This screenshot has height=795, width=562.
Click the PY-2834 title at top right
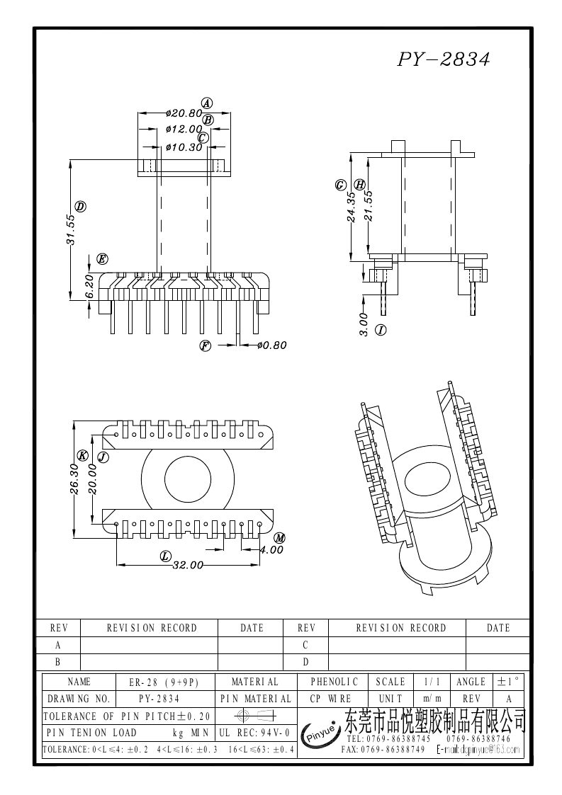pyautogui.click(x=443, y=60)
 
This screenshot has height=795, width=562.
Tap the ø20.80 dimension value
pyautogui.click(x=183, y=113)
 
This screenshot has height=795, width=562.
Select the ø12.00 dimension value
pyautogui.click(x=183, y=130)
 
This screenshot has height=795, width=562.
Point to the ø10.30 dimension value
pyautogui.click(x=183, y=147)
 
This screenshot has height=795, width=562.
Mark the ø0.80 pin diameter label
pyautogui.click(x=271, y=345)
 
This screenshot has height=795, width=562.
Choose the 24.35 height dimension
pyautogui.click(x=352, y=206)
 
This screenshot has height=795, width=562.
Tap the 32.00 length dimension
pyautogui.click(x=188, y=565)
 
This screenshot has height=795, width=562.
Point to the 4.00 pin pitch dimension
pyautogui.click(x=271, y=549)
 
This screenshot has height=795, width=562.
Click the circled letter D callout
pyautogui.click(x=81, y=207)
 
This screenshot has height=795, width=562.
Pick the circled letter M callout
pyautogui.click(x=279, y=538)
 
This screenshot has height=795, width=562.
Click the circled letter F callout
pyautogui.click(x=206, y=345)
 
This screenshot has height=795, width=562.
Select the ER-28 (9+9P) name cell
pyautogui.click(x=163, y=682)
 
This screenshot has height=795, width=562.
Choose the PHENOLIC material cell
pyautogui.click(x=335, y=682)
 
